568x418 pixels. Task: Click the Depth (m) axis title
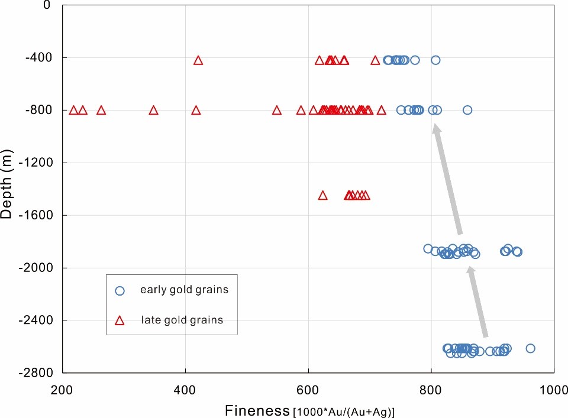(7, 189)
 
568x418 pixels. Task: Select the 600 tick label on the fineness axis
(308, 391)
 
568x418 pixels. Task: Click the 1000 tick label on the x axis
(554, 391)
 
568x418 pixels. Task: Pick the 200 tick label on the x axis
(62, 391)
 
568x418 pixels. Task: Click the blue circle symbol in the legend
(120, 290)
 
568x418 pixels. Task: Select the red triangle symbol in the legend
(120, 320)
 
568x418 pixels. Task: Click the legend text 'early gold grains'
(184, 290)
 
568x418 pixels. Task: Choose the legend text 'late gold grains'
(182, 320)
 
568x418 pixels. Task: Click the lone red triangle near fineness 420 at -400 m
(198, 60)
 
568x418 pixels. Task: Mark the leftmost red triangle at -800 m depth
(74, 110)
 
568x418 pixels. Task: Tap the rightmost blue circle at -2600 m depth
(530, 348)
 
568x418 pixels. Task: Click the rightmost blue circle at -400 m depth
(435, 60)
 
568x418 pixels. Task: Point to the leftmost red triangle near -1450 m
(322, 195)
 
